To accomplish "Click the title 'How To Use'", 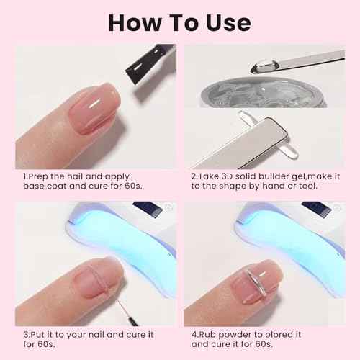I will point(180,21).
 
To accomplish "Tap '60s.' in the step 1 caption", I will point(150,186).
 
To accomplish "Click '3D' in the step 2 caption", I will point(230,175).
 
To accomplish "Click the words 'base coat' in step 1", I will point(44,186).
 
